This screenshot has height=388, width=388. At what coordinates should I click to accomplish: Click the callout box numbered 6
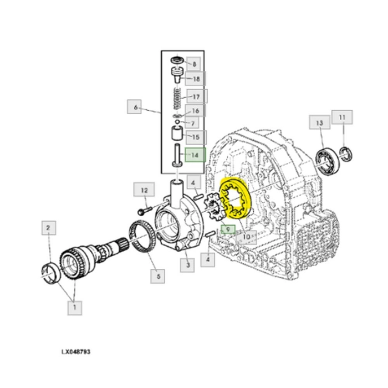[135, 106]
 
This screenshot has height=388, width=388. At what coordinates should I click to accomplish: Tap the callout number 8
[195, 63]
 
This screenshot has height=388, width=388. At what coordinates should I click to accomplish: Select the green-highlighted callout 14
[195, 155]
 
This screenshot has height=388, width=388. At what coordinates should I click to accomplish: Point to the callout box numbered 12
[144, 191]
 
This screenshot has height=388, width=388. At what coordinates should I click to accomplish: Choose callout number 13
[319, 122]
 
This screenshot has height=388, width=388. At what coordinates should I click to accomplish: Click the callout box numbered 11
[342, 118]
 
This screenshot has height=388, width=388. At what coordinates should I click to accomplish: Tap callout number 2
[49, 227]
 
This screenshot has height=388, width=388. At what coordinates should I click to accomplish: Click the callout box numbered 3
[188, 267]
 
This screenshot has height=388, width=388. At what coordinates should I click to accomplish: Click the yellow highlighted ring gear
[236, 200]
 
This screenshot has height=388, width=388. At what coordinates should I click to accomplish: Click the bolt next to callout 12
[144, 211]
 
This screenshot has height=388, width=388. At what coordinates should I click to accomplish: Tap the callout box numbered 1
[74, 307]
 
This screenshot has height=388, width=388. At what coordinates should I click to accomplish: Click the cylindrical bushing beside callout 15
[176, 135]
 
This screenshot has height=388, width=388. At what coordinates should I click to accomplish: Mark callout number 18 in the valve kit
[196, 79]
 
